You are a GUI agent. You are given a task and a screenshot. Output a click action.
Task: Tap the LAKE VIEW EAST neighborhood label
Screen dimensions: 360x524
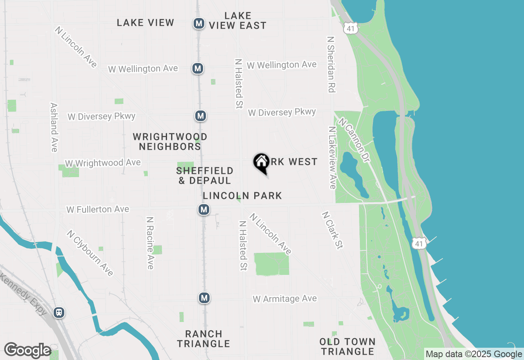(238, 20)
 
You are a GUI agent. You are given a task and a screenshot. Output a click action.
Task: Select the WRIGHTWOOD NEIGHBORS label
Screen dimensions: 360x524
(170, 141)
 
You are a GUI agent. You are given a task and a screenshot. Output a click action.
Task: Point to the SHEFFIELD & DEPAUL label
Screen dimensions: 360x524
(205, 175)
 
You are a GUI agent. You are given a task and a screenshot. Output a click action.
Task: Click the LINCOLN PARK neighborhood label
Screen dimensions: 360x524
(242, 196)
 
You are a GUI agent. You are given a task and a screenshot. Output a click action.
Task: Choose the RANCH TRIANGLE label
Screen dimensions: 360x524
(203, 339)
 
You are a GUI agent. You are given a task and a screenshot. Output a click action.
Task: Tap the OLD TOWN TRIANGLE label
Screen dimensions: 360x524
(348, 346)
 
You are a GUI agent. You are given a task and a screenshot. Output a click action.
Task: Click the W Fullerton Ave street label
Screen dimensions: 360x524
(97, 209)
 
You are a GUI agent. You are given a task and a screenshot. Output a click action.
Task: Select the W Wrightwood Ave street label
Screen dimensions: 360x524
(103, 163)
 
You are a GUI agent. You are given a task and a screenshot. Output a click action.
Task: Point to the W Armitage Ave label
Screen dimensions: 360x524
(285, 299)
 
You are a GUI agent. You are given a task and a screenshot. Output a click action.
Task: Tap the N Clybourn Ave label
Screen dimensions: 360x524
(90, 253)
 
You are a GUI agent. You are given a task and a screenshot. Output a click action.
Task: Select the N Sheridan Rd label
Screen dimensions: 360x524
(331, 64)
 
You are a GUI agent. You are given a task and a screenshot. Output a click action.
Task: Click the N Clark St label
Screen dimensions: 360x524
(332, 230)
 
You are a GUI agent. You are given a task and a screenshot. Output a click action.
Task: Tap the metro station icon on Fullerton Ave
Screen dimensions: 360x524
(204, 210)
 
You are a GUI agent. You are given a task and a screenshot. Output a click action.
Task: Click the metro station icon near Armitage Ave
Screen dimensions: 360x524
(204, 298)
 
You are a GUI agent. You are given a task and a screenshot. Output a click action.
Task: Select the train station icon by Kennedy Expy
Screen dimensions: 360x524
(59, 313)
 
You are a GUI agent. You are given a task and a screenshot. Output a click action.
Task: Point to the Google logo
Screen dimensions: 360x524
(27, 351)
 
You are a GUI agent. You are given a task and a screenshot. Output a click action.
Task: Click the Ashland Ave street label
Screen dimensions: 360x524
(54, 127)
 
